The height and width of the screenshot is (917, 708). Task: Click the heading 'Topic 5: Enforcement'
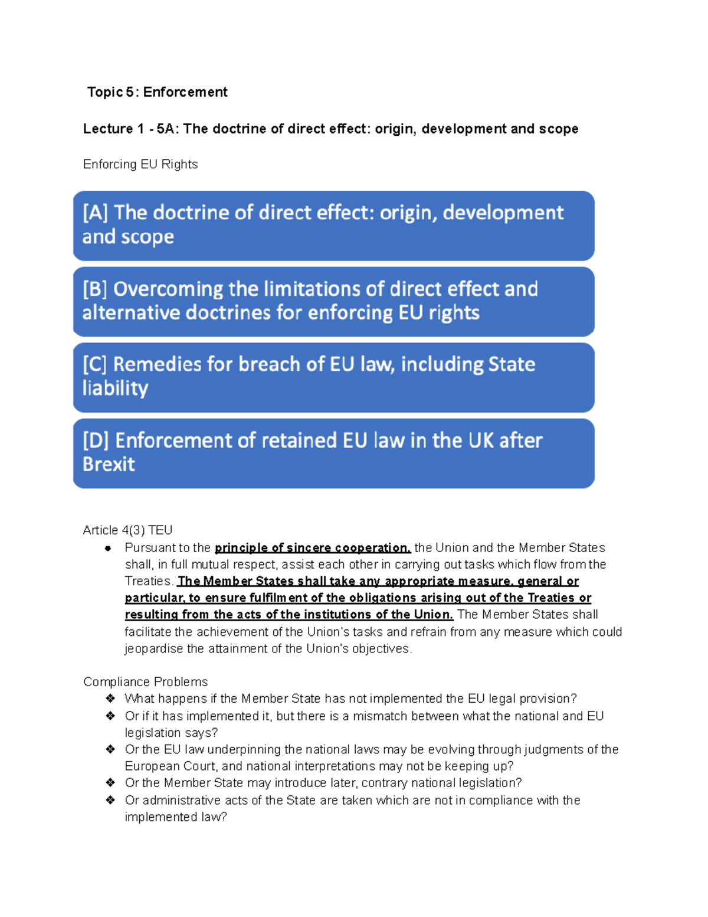(157, 92)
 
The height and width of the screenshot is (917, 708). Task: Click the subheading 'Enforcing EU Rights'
(140, 164)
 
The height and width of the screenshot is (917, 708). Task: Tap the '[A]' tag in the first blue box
(95, 213)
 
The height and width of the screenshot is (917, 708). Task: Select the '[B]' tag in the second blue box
(95, 289)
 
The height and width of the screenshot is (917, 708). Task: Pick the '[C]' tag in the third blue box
(95, 364)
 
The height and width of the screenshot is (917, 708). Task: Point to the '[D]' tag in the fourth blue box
(96, 440)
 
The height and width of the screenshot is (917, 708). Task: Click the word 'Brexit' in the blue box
(109, 465)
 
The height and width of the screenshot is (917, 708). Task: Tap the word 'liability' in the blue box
(115, 389)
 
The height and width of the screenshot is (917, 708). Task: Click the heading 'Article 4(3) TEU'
(127, 530)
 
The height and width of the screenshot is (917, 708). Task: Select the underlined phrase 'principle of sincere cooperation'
(312, 548)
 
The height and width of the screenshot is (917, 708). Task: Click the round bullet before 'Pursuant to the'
(108, 548)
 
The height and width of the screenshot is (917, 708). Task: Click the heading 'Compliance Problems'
(145, 682)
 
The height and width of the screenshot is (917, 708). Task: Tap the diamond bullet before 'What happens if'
(110, 699)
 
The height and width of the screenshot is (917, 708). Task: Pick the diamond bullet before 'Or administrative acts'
(110, 800)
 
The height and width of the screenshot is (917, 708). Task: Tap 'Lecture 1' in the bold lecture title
(108, 129)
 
